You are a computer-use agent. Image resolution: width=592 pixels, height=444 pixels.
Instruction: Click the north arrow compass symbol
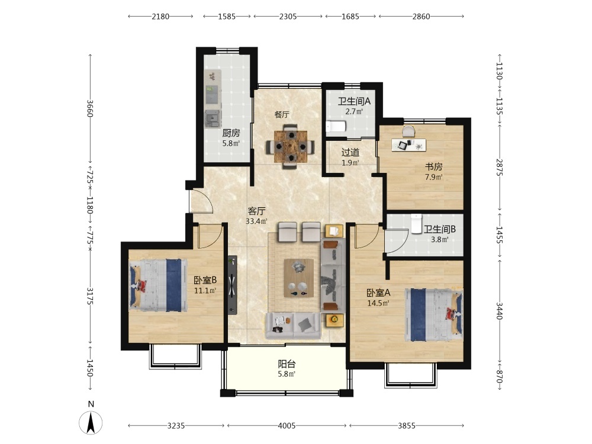click(x=91, y=423)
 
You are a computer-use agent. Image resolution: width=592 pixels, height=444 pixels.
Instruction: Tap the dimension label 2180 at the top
click(x=160, y=17)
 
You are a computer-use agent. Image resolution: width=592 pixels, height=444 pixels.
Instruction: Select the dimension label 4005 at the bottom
click(x=287, y=426)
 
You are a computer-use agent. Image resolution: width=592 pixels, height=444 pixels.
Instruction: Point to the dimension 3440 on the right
click(x=499, y=311)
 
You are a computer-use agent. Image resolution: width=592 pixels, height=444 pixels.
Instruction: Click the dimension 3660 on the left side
click(x=90, y=108)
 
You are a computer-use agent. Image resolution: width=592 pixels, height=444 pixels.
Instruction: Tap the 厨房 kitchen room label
click(x=231, y=133)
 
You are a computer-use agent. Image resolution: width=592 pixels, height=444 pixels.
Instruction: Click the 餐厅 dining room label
click(x=282, y=114)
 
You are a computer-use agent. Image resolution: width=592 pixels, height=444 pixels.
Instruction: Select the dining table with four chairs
click(x=290, y=146)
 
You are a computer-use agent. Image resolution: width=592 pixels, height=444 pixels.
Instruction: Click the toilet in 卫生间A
click(x=336, y=126)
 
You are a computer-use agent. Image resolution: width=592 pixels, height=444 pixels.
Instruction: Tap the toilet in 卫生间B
click(x=416, y=224)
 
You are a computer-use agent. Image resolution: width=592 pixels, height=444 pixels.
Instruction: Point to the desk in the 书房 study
click(x=408, y=145)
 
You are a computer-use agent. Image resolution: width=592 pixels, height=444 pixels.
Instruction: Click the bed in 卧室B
click(x=158, y=285)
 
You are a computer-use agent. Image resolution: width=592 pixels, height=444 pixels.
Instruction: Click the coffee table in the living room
click(x=298, y=278)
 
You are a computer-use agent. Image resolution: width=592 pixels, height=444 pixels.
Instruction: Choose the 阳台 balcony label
click(x=287, y=364)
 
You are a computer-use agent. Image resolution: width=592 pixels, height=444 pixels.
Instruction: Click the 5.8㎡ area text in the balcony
click(x=287, y=374)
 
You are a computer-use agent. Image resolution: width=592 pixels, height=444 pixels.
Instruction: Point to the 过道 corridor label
click(x=350, y=153)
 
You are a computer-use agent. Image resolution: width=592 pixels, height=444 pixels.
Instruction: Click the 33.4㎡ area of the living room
click(x=256, y=221)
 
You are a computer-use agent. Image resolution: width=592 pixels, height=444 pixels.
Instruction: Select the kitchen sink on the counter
click(x=212, y=95)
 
